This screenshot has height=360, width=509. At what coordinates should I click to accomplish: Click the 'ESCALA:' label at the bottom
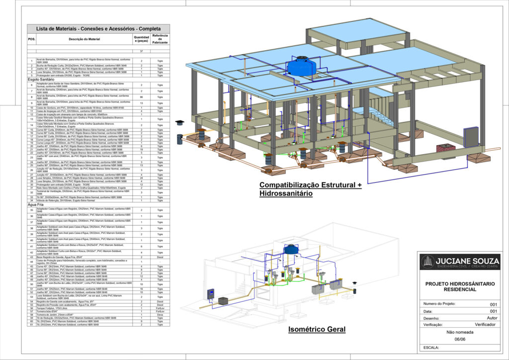431,347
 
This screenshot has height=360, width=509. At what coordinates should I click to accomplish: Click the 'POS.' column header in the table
32,39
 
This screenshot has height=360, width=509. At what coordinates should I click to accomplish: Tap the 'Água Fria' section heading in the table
38,204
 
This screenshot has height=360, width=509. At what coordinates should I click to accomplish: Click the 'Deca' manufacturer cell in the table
160,315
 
